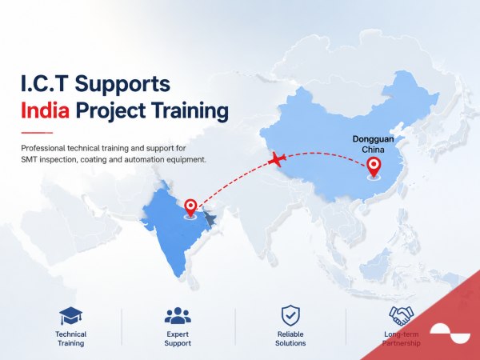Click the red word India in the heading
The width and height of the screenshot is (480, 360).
pos(46,110)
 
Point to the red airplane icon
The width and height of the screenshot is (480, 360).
pos(277,159)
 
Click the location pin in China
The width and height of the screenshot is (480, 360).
pos(374,167)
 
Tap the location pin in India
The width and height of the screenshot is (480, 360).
pos(190,208)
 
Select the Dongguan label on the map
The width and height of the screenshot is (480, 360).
pos(373,139)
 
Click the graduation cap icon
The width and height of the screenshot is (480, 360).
pos(70,316)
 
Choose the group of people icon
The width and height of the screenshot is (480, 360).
pos(178,316)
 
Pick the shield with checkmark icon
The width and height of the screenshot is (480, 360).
pos(290,315)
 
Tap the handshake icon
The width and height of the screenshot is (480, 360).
pos(401,316)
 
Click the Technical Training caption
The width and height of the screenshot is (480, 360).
pos(70,338)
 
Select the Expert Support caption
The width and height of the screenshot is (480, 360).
pos(178,338)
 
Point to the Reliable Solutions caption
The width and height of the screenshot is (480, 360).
pos(290,338)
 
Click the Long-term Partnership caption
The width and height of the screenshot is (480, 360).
pos(401,338)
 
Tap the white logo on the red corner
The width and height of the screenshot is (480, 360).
pos(450,333)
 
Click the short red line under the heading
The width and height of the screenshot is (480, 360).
pos(37,133)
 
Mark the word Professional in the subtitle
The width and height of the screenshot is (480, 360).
pos(43,148)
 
